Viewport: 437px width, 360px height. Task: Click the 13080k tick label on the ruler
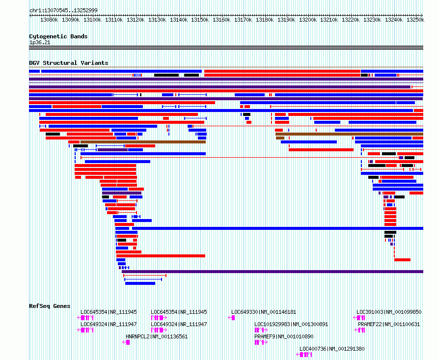(x=49, y=20)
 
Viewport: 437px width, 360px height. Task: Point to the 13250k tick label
(x=415, y=20)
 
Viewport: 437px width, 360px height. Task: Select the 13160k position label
(x=221, y=20)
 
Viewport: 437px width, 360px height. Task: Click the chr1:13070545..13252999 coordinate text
(x=63, y=11)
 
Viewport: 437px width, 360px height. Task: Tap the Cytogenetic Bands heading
(x=58, y=36)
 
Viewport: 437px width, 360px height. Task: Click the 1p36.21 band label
(x=40, y=42)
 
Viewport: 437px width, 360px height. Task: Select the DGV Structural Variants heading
(x=69, y=63)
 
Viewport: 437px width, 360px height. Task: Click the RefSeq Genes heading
(x=50, y=306)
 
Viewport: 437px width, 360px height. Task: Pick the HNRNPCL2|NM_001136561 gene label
(x=157, y=336)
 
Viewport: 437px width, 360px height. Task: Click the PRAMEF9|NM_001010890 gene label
(x=284, y=336)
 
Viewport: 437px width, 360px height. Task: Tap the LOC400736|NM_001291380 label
(x=332, y=349)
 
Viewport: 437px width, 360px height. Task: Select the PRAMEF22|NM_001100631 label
(x=389, y=324)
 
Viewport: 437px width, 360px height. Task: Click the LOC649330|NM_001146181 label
(x=264, y=312)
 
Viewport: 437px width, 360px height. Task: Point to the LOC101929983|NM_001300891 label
(x=291, y=324)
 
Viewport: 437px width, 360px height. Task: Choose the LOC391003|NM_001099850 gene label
(x=389, y=312)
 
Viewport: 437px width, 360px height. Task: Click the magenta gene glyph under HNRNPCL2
(x=126, y=342)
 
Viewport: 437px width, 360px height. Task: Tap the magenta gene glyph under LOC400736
(x=304, y=355)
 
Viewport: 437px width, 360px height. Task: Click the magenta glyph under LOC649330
(x=231, y=318)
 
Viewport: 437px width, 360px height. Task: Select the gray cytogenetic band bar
(x=226, y=48)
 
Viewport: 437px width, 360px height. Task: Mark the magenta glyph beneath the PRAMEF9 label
(x=261, y=342)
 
